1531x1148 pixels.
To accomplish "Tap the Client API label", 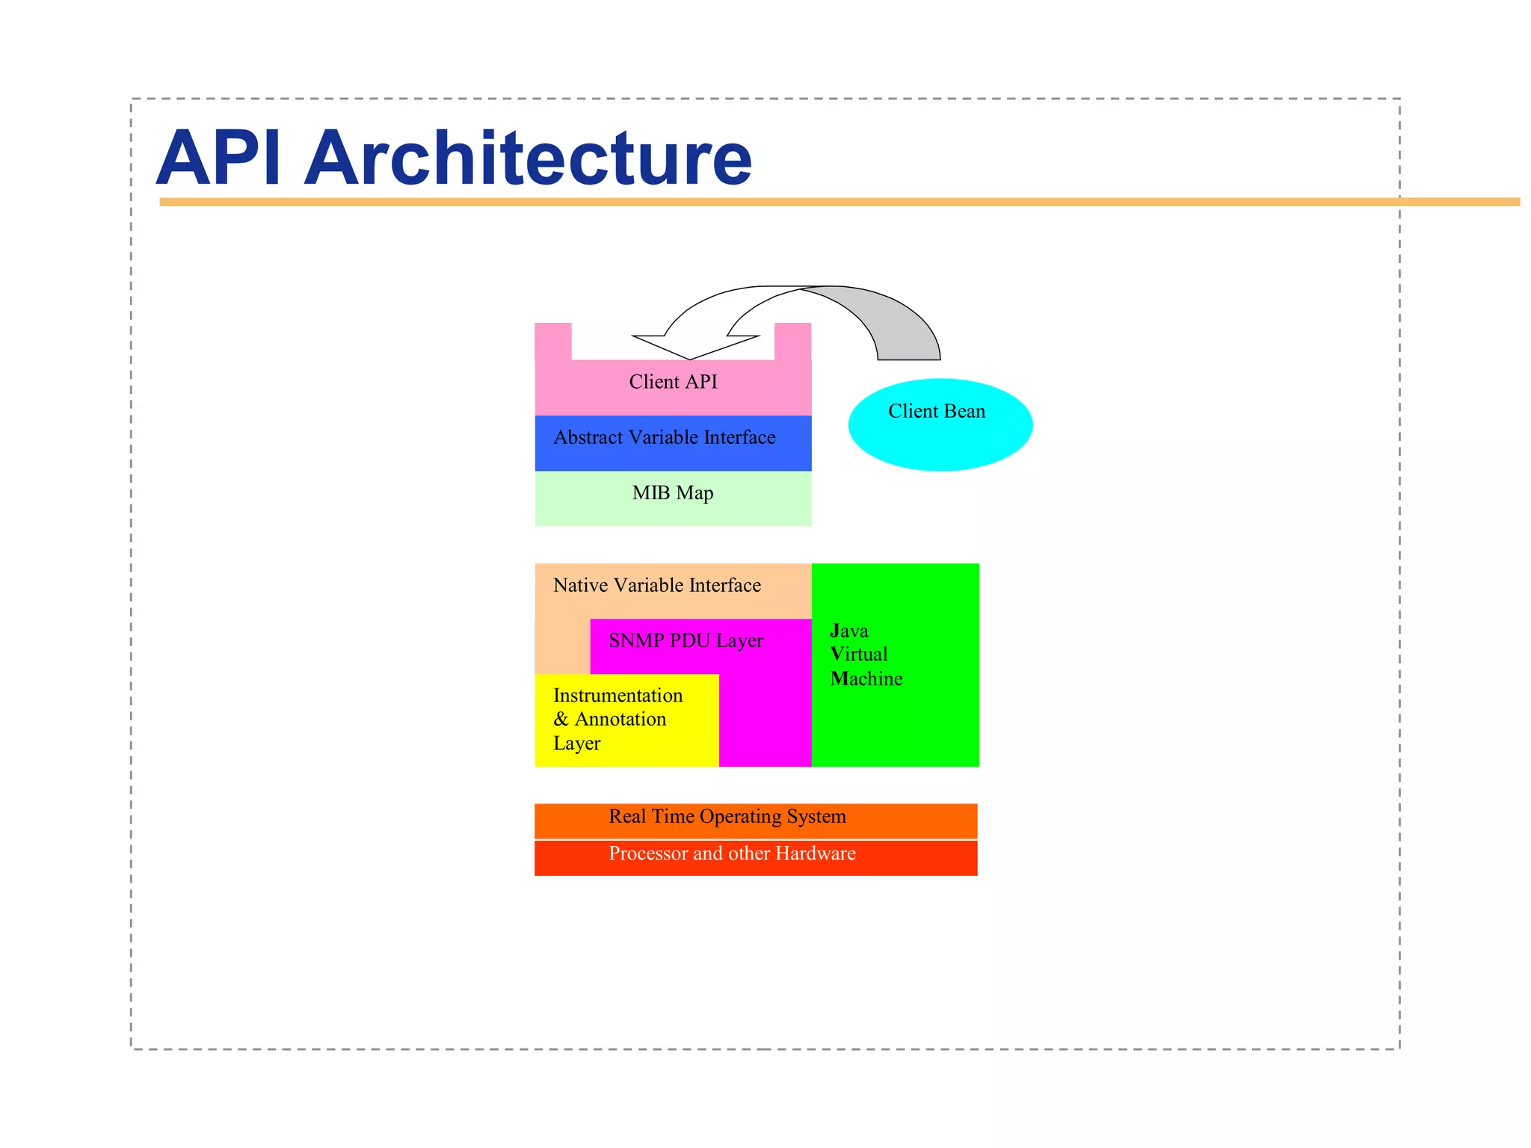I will click(673, 382).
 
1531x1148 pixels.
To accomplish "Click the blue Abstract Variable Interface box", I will click(673, 442).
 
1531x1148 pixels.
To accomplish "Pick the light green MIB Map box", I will click(673, 499).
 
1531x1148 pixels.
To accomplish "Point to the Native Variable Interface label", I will click(656, 585).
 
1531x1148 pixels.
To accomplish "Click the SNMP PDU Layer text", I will click(686, 641).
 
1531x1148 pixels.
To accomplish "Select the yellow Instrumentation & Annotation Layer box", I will click(626, 720).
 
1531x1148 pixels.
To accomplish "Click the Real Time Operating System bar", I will click(755, 820).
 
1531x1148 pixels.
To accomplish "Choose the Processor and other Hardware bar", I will click(755, 857).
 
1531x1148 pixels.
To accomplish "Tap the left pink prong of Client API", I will click(553, 341).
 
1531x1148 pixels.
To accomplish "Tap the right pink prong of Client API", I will click(792, 341).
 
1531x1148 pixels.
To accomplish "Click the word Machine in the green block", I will click(866, 679).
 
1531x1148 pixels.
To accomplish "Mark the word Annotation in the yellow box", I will click(620, 719).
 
